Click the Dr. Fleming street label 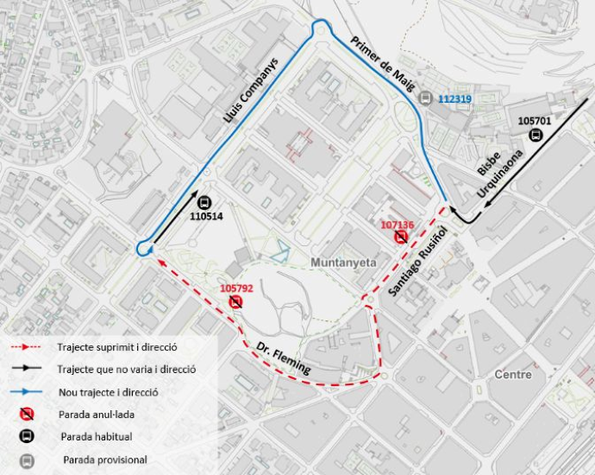point(283,356)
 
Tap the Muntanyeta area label point(341,260)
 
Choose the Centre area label point(513,375)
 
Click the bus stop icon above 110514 point(204,202)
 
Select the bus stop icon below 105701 point(536,135)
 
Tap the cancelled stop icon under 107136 point(401,237)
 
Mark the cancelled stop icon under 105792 point(236,301)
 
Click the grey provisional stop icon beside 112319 point(424,99)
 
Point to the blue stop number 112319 point(454,99)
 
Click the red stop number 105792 point(236,288)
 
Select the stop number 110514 point(207,216)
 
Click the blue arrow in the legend point(26,391)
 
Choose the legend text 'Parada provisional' point(103,459)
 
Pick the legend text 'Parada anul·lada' point(97,415)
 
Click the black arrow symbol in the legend point(26,369)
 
